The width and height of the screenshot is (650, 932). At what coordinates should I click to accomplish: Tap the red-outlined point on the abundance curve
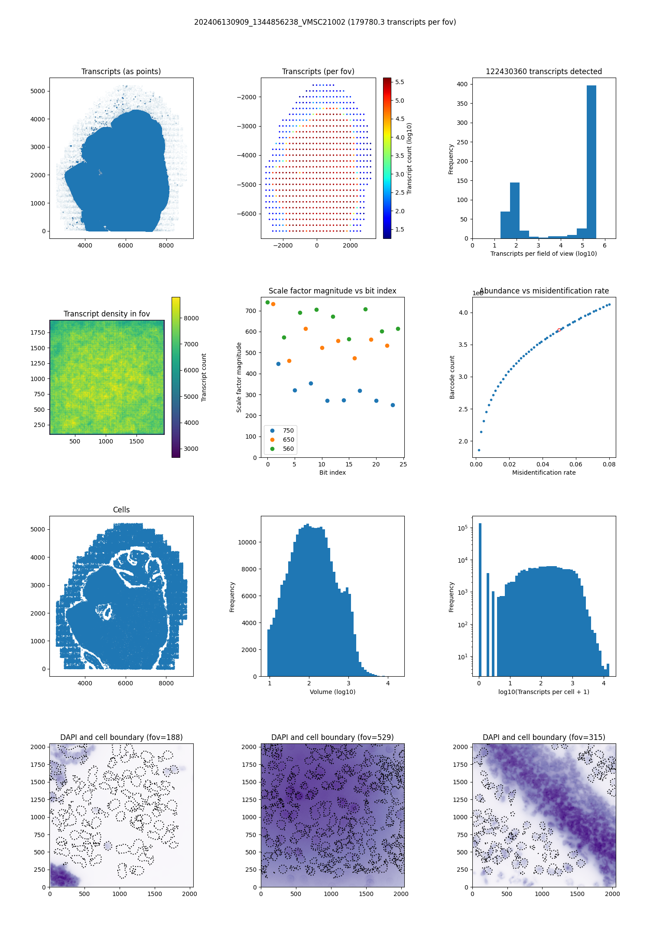pyautogui.click(x=559, y=330)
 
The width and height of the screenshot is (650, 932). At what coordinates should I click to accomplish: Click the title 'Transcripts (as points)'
pyautogui.click(x=121, y=72)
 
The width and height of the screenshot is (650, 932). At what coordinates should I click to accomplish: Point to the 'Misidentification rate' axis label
pyautogui.click(x=544, y=473)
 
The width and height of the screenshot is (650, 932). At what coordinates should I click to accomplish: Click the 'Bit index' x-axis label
pyautogui.click(x=332, y=473)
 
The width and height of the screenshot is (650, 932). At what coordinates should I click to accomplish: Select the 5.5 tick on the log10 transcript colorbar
pyautogui.click(x=400, y=82)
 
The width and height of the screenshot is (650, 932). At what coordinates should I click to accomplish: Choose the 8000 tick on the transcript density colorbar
pyautogui.click(x=191, y=318)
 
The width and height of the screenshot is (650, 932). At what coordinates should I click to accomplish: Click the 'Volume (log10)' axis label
pyautogui.click(x=332, y=692)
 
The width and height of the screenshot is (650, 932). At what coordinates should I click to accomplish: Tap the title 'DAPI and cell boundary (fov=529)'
pyautogui.click(x=332, y=737)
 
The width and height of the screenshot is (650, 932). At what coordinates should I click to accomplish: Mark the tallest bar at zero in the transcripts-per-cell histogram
pyautogui.click(x=480, y=598)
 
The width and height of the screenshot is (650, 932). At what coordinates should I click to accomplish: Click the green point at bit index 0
pyautogui.click(x=267, y=303)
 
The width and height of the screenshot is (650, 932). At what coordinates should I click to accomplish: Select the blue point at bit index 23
pyautogui.click(x=393, y=405)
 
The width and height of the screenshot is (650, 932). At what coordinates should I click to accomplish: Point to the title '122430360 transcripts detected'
pyautogui.click(x=544, y=72)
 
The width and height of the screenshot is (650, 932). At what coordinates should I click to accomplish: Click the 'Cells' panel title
pyautogui.click(x=121, y=510)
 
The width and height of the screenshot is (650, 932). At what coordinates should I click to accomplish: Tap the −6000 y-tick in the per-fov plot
pyautogui.click(x=246, y=214)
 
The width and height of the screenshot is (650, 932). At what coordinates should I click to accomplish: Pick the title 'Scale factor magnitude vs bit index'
pyautogui.click(x=332, y=291)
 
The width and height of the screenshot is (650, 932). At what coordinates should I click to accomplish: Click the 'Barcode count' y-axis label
pyautogui.click(x=452, y=377)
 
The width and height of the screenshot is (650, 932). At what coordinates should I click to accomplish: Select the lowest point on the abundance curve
pyautogui.click(x=479, y=450)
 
